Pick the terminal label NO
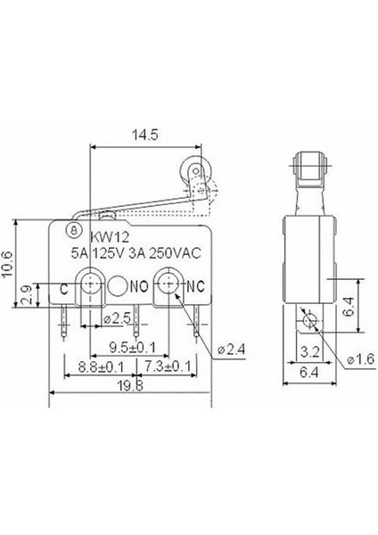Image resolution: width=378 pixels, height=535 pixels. pyautogui.click(x=139, y=287)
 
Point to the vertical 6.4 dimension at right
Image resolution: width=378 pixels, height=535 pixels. pyautogui.click(x=352, y=308)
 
